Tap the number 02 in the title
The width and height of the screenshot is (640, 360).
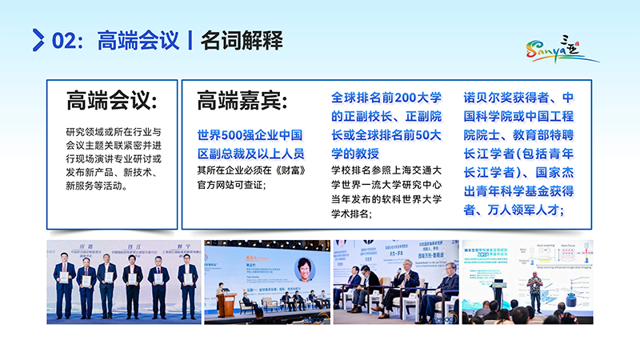tap(65, 39)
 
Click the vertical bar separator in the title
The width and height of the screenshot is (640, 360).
tap(190, 39)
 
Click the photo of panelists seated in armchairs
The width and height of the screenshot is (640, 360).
tap(395, 281)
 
